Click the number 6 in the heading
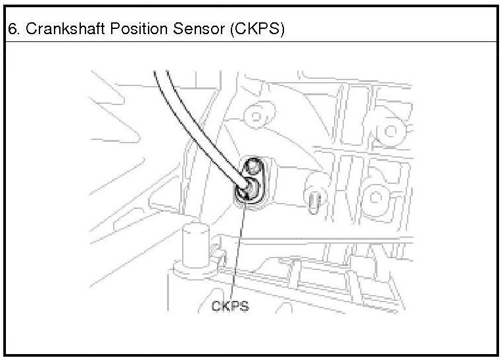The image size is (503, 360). pos(11,30)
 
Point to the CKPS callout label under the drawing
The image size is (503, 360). pos(230,306)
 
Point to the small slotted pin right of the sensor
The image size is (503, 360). pos(314,196)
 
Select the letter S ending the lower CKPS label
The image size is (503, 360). pos(245,306)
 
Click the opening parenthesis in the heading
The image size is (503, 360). pos(231,30)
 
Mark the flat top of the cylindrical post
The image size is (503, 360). pos(194,228)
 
